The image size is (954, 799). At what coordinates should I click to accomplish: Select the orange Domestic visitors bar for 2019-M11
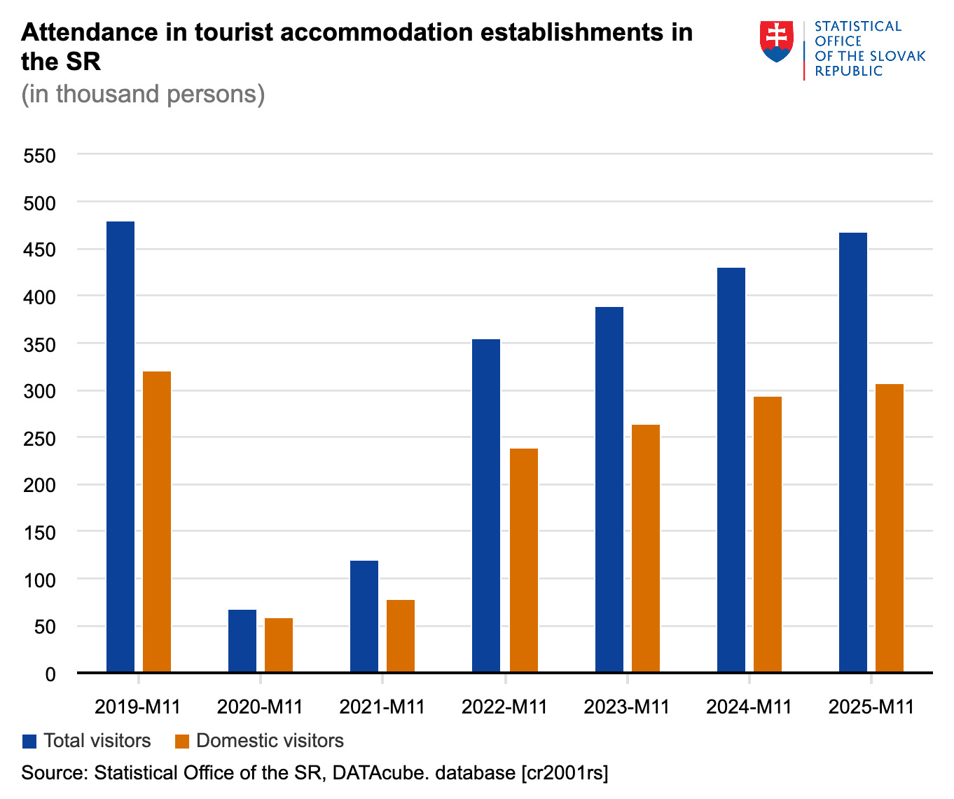point(157,522)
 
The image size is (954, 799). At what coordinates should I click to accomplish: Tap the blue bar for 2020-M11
point(242,641)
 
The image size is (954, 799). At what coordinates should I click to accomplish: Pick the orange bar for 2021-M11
point(401,636)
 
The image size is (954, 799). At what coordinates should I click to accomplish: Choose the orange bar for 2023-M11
point(646,549)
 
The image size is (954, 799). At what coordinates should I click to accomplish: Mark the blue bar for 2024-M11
point(731,470)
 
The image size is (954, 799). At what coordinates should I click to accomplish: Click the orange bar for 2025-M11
point(890,528)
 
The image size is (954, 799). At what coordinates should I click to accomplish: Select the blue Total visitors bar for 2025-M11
point(853,453)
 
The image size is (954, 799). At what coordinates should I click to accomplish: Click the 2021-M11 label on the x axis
point(382,706)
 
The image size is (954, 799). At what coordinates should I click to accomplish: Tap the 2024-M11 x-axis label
point(749,706)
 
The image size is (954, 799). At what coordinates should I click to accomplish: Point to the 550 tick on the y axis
point(40,156)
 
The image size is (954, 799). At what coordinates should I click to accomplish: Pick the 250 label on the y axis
point(40,439)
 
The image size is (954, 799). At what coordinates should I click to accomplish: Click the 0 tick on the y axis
point(50,674)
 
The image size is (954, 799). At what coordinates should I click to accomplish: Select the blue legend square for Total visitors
point(29,742)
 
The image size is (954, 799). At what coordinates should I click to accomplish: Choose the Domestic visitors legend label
point(270,741)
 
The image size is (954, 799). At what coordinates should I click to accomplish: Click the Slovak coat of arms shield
point(777,41)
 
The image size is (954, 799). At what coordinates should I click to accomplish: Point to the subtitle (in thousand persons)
point(143,94)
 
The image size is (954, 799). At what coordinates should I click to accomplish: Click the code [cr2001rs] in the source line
point(565,772)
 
